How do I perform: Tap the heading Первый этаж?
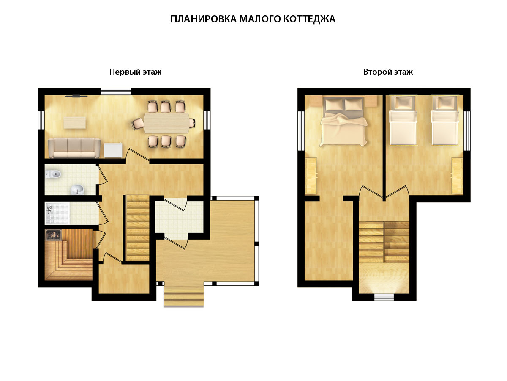(x=135, y=72)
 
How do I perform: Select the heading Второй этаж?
(x=388, y=72)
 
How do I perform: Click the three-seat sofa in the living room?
(x=74, y=148)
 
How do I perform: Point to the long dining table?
(x=166, y=123)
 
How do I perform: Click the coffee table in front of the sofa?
(x=75, y=123)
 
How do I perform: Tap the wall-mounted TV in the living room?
(x=76, y=96)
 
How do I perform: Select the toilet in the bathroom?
(x=53, y=174)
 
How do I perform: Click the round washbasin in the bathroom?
(x=78, y=190)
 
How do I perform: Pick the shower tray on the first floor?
(x=57, y=213)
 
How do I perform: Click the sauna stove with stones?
(x=53, y=235)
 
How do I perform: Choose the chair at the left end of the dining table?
(x=137, y=124)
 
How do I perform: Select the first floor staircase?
(x=137, y=228)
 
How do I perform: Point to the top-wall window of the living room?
(x=116, y=91)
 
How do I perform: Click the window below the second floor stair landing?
(x=384, y=297)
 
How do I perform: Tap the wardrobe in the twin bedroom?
(x=457, y=176)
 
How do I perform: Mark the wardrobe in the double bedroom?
(x=311, y=176)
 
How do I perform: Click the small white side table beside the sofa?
(x=113, y=150)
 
